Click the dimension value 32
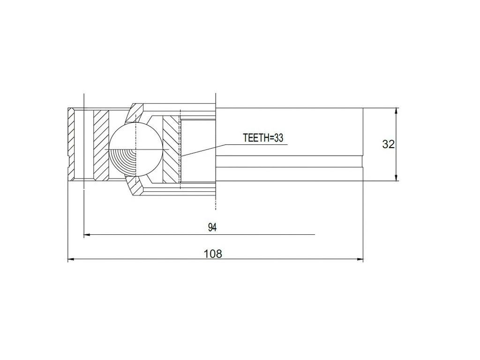tap(388, 144)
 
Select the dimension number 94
tap(212, 227)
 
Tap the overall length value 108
tap(213, 254)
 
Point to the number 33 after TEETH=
tap(279, 138)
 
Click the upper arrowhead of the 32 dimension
tap(397, 111)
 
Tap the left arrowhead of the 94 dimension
tap(86, 234)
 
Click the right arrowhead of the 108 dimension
tap(360, 259)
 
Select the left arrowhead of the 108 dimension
tap(71, 259)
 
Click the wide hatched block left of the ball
tap(101, 145)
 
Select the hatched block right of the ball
tap(171, 149)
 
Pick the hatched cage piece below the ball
tap(135, 187)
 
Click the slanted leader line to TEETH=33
tap(211, 149)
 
